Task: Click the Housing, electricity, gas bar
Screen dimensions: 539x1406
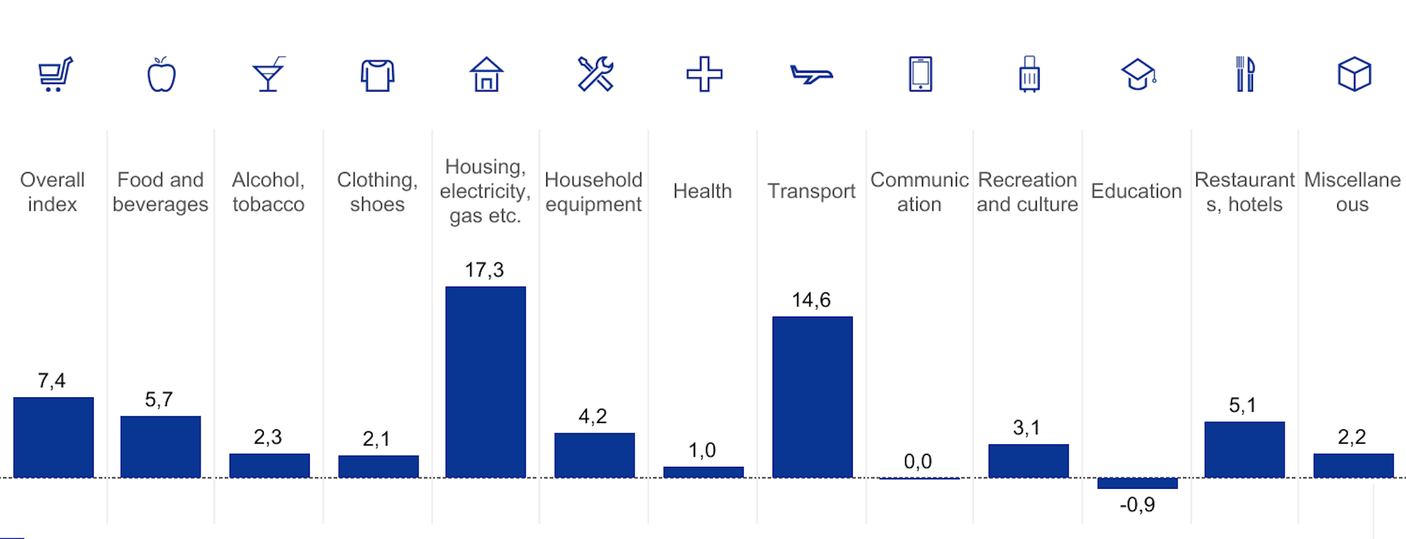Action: click(485, 382)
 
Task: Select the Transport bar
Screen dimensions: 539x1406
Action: click(812, 397)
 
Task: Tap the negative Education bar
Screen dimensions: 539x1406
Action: click(1137, 483)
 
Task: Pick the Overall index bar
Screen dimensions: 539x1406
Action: click(54, 437)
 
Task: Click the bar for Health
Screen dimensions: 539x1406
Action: click(703, 472)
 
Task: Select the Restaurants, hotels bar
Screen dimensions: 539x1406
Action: click(1244, 450)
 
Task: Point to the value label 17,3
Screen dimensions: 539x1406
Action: click(484, 270)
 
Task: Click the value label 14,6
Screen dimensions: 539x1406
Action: click(811, 300)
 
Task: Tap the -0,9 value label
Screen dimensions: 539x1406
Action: click(1137, 505)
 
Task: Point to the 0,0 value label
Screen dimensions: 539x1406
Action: click(918, 461)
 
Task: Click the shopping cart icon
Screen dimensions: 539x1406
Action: click(55, 74)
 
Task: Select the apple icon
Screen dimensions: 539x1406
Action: click(161, 75)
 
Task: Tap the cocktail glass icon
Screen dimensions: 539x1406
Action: click(269, 75)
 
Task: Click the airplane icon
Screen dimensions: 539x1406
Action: click(811, 75)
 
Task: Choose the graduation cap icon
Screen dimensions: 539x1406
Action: click(1138, 75)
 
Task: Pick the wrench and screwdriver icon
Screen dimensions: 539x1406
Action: click(595, 74)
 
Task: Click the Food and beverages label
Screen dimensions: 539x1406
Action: click(161, 192)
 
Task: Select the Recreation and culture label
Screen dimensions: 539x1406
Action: click(1027, 192)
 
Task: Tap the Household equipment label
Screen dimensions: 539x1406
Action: click(593, 192)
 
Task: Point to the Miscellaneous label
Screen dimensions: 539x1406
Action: click(1352, 192)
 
